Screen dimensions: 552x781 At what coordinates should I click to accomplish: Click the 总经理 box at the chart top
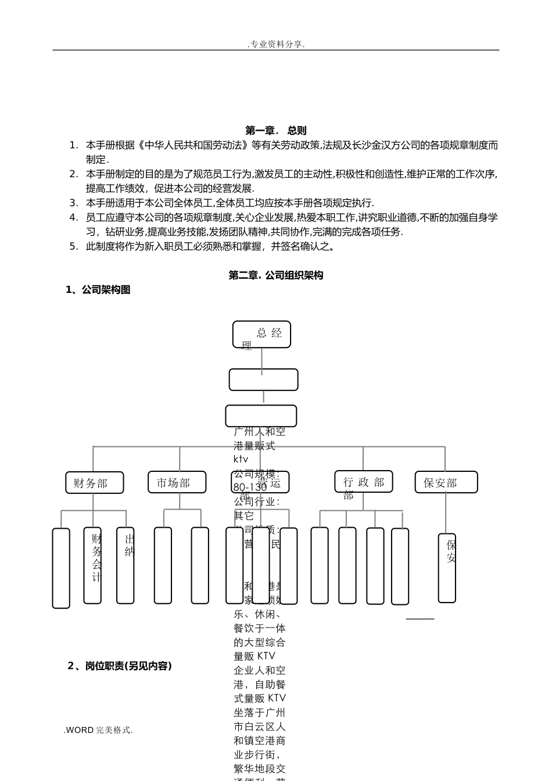click(261, 334)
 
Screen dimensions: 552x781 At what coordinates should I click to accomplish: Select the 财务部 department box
click(94, 482)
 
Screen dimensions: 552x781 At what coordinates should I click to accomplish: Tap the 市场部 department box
click(177, 482)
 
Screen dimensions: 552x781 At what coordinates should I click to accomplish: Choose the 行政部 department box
click(363, 482)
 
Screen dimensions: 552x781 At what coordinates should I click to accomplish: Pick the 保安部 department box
click(446, 482)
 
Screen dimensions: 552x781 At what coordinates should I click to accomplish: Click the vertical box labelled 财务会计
click(92, 565)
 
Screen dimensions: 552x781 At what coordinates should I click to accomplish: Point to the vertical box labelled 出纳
click(126, 565)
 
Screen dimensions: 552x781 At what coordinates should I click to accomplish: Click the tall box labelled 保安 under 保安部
click(447, 568)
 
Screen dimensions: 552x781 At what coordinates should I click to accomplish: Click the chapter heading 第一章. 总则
click(275, 131)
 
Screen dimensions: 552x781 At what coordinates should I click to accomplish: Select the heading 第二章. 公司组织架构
click(275, 275)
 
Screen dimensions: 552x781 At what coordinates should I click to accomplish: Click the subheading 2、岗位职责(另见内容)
click(120, 666)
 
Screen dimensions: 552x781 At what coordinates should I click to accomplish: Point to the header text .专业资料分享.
click(276, 44)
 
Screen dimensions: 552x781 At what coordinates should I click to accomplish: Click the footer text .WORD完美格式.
click(98, 730)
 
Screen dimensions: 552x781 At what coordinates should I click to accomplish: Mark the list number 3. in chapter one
click(73, 203)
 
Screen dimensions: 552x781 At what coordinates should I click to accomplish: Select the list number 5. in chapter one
click(73, 246)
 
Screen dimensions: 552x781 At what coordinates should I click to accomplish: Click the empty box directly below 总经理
click(263, 379)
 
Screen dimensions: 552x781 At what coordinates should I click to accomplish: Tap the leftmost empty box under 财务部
click(61, 568)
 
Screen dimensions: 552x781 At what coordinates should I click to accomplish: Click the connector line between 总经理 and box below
click(262, 359)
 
